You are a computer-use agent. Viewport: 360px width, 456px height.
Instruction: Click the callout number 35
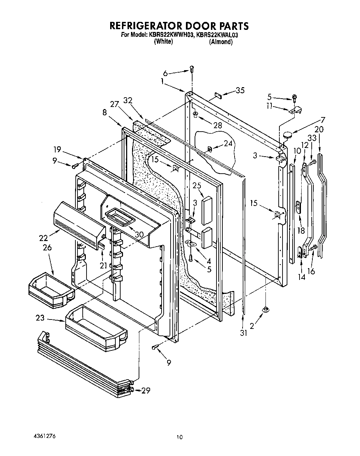click(240, 91)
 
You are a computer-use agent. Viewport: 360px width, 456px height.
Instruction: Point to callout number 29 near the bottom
click(146, 390)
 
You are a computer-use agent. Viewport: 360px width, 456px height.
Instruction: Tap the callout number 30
click(139, 234)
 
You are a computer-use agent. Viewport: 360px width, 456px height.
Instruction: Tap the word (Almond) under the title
click(221, 42)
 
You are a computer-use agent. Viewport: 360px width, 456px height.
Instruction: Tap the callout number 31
click(244, 333)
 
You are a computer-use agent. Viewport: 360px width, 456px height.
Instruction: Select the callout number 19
click(57, 150)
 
